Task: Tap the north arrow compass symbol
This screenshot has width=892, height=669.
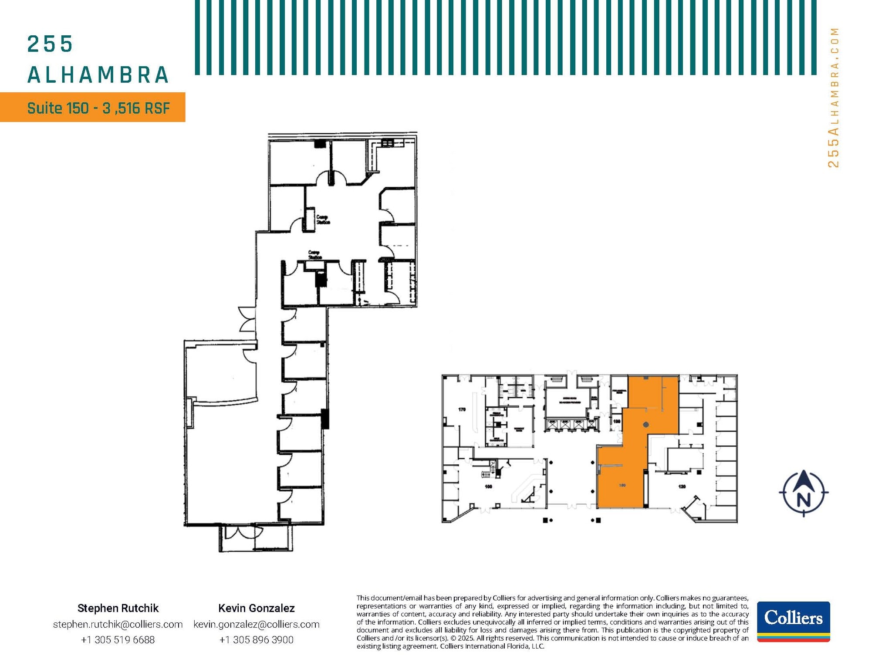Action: (x=804, y=493)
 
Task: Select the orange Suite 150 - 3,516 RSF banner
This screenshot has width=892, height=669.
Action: (x=92, y=107)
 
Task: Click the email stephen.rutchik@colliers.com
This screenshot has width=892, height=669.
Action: (x=118, y=624)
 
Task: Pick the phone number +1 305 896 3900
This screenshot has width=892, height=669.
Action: (x=256, y=640)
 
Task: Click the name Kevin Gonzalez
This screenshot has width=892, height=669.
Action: (x=256, y=608)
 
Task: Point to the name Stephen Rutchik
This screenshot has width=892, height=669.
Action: (x=118, y=608)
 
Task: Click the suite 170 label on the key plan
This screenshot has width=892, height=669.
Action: (x=462, y=409)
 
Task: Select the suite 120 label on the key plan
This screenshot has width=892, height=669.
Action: (x=682, y=486)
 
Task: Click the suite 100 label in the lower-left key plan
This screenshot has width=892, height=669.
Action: (x=488, y=487)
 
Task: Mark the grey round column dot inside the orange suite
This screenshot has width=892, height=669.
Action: (x=646, y=425)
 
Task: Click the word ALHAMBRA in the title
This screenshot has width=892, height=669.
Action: (x=98, y=75)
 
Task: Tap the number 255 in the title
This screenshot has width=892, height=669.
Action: (x=50, y=44)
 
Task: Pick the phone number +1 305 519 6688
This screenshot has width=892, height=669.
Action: (x=118, y=640)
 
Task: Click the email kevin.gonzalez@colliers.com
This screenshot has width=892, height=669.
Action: (x=256, y=624)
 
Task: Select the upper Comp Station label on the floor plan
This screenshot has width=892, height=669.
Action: (x=323, y=220)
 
